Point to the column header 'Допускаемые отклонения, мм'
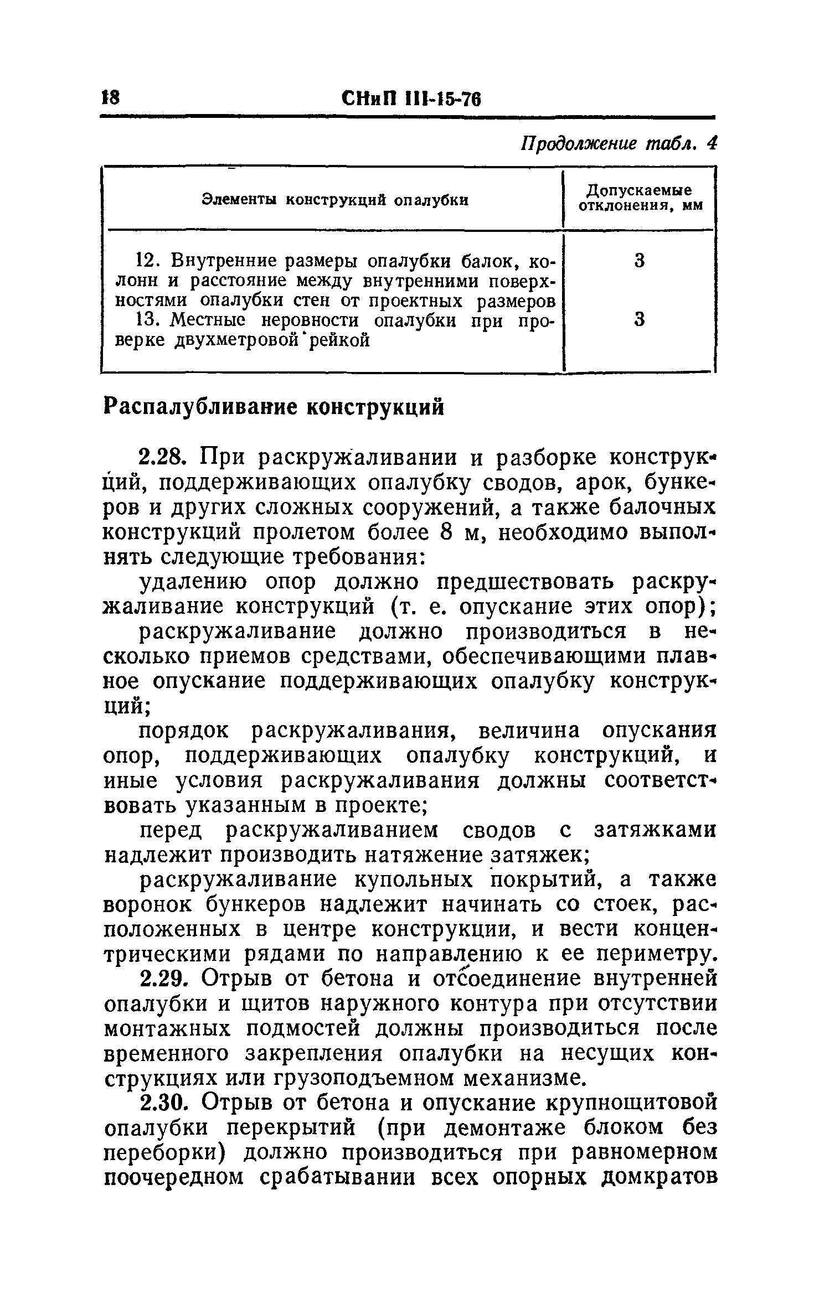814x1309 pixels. pyautogui.click(x=640, y=198)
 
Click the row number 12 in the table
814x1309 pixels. pyautogui.click(x=148, y=260)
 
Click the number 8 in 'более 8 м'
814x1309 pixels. pyautogui.click(x=446, y=533)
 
